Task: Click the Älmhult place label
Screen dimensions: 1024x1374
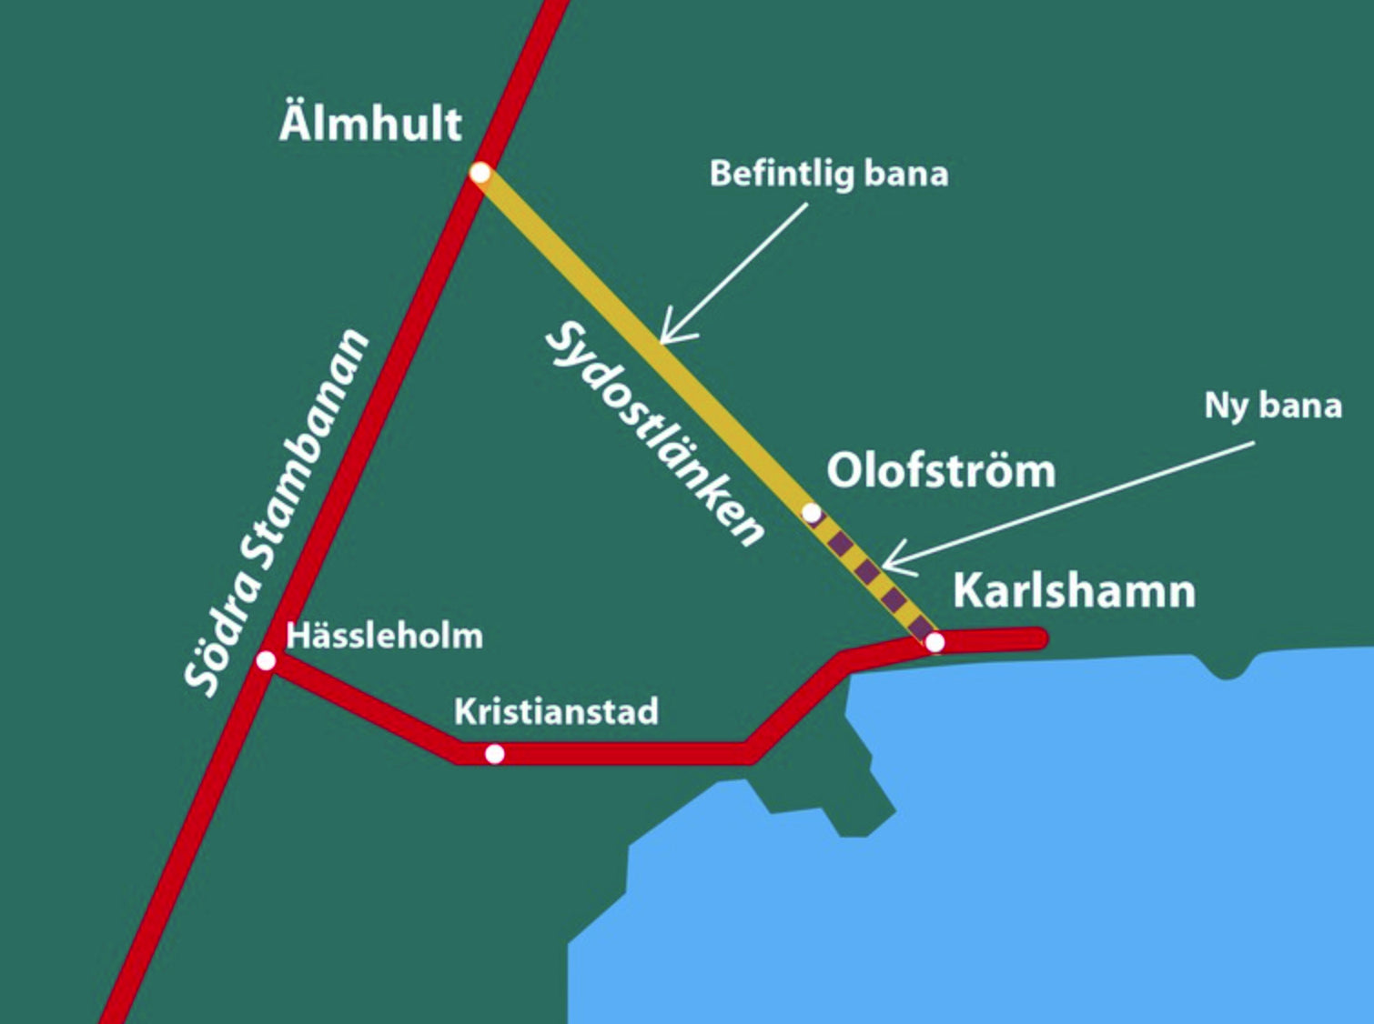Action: pos(370,122)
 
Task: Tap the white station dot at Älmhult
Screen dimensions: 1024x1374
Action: pos(480,173)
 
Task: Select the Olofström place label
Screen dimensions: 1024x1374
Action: pos(940,470)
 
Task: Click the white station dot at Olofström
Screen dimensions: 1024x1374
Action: pos(811,513)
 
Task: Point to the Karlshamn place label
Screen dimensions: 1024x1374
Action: pos(1074,591)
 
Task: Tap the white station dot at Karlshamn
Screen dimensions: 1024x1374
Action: pos(935,642)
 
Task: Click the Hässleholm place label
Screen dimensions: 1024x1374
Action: pos(384,635)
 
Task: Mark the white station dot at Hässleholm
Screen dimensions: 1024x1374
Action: pos(266,660)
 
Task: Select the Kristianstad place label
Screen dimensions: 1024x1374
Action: pos(556,711)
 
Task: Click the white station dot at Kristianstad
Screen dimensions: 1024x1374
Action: pos(494,754)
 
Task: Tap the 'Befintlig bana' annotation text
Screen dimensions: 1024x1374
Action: pos(828,173)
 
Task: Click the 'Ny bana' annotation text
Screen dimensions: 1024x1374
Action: pos(1272,405)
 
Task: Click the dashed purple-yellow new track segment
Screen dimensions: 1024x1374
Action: pos(869,573)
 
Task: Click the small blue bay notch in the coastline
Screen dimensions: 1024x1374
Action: pos(1226,668)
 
